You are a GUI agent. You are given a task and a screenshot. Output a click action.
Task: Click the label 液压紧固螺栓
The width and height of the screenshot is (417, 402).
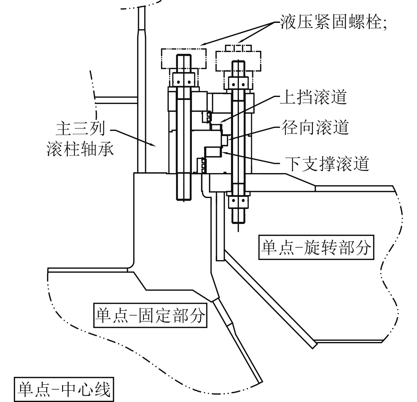point(330,21)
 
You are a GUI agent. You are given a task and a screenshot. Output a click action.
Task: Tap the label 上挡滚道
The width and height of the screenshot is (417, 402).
point(313,97)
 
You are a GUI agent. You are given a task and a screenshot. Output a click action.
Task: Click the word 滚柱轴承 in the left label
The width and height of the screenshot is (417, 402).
point(80,149)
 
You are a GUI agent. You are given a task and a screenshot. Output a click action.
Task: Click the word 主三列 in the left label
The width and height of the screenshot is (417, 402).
point(80,129)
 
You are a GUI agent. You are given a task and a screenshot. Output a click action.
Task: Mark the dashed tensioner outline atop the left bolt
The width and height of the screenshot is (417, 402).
point(184,59)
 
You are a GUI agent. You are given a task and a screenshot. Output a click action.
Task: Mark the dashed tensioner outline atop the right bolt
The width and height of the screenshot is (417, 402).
point(238,61)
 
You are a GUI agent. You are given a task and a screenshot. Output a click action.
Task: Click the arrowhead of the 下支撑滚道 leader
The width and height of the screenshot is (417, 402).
point(223,152)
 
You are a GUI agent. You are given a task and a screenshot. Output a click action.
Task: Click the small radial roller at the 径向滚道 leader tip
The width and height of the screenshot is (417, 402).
point(226,140)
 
